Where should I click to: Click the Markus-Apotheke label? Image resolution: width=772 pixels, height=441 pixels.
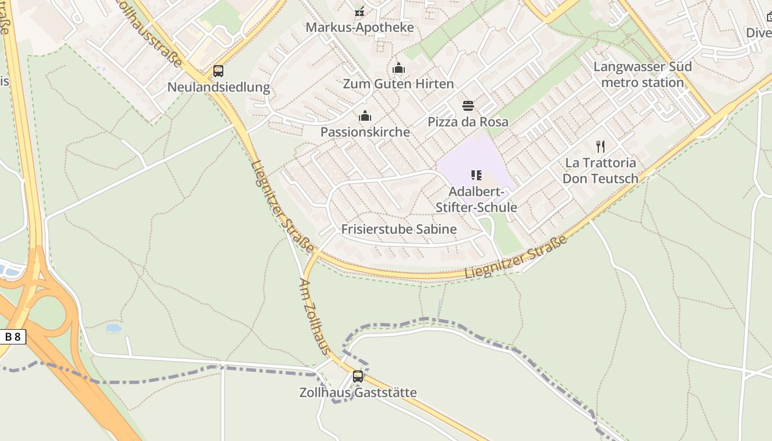coord(360,27)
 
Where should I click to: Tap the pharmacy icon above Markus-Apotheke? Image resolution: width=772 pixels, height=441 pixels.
coord(360,12)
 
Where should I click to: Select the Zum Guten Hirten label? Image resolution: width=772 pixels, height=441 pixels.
coord(398,84)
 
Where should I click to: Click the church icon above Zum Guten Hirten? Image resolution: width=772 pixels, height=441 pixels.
coord(398,68)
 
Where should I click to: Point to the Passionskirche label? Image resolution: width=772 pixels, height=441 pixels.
coord(365,132)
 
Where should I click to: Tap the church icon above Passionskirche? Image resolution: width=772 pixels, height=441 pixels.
coord(365,116)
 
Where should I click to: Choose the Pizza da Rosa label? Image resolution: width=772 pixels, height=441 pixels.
coord(468,121)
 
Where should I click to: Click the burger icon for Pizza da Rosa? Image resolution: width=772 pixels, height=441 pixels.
coord(468,106)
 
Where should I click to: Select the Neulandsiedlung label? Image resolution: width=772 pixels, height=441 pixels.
coord(218,87)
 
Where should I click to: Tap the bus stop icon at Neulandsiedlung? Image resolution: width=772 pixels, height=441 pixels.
coord(218,71)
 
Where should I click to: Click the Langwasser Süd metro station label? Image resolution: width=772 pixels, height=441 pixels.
coord(642,74)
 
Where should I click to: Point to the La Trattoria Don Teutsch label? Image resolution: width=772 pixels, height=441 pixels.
coord(601,170)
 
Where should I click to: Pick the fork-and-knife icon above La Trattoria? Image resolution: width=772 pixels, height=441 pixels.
coord(601,147)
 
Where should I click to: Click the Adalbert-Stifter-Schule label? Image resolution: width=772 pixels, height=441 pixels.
coord(476,200)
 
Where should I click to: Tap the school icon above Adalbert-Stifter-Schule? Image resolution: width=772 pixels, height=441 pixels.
coord(476,176)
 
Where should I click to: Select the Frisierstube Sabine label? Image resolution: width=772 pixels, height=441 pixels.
coord(399,229)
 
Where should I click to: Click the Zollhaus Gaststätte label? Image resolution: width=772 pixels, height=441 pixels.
coord(358,392)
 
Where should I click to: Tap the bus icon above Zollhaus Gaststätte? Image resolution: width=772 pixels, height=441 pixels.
coord(358,377)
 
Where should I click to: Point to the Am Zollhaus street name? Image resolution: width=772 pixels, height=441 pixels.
coord(315,316)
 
